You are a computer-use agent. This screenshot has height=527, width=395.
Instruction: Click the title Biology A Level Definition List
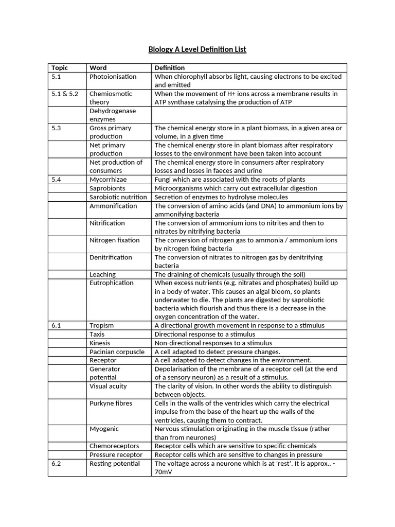[197, 49]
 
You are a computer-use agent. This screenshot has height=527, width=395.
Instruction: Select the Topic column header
[60, 68]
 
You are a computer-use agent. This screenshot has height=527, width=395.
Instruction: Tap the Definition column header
[170, 68]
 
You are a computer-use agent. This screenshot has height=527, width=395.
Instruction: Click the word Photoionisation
[113, 77]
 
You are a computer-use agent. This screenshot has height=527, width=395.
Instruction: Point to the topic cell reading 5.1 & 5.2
[65, 94]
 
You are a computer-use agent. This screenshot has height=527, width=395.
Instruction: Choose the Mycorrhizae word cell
[108, 180]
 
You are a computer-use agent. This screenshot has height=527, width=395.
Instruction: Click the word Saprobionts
[107, 188]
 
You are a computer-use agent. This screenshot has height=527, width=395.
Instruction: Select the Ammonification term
[113, 206]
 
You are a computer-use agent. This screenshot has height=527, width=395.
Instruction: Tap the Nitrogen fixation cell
[114, 240]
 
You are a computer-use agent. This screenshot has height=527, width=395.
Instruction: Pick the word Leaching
[102, 274]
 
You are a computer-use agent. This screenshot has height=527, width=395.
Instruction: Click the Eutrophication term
[111, 283]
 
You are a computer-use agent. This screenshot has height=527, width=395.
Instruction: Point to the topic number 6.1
[57, 326]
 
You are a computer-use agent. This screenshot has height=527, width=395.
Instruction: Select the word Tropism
[102, 326]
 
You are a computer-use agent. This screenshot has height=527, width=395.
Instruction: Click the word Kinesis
[100, 343]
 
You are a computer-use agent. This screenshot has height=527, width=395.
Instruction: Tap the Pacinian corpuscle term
[117, 352]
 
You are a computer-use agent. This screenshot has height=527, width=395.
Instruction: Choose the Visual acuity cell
[108, 386]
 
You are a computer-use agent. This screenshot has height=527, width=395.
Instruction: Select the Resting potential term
[114, 464]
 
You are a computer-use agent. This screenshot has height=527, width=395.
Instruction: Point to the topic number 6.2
[57, 464]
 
